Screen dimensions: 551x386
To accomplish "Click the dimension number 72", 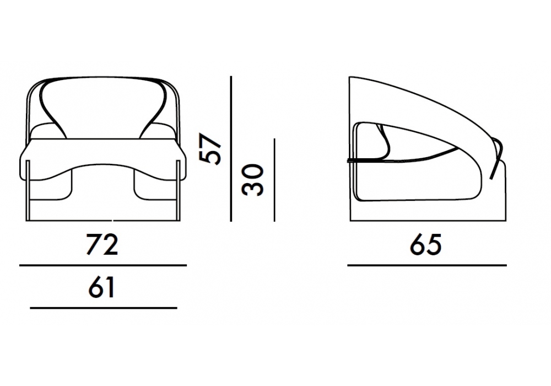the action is pyautogui.click(x=102, y=244).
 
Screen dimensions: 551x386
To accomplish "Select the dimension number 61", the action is pyautogui.click(x=101, y=287).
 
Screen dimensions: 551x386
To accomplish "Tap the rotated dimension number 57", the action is pyautogui.click(x=210, y=148).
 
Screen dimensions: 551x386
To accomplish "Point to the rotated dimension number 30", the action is pyautogui.click(x=253, y=180).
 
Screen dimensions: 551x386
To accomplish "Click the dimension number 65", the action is pyautogui.click(x=425, y=244).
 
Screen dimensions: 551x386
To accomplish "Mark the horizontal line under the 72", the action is pyautogui.click(x=103, y=265).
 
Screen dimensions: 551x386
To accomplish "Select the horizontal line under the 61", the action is pyautogui.click(x=104, y=308).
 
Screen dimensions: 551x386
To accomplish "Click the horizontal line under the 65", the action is pyautogui.click(x=427, y=265).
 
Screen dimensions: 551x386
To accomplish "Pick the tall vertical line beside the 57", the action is pyautogui.click(x=231, y=149).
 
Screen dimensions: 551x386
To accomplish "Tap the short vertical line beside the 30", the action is pyautogui.click(x=274, y=180).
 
